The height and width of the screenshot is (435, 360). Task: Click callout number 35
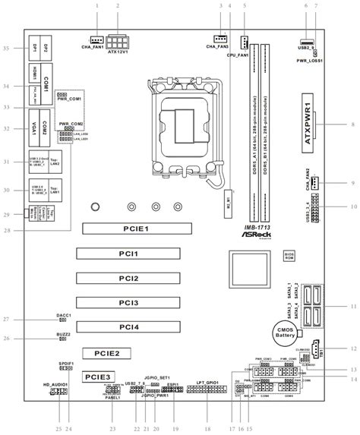6,49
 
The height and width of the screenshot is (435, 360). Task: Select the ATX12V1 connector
118,39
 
